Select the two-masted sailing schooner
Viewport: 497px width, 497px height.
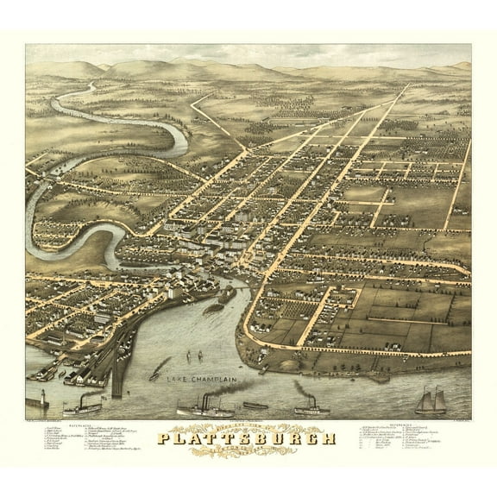point(431,400)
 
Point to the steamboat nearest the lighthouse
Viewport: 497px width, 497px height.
point(82,404)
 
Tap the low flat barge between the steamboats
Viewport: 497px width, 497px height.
point(255,405)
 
